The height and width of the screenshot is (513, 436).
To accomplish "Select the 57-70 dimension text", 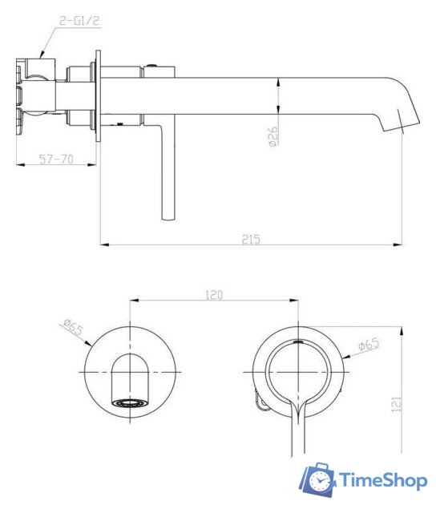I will coord(56,160).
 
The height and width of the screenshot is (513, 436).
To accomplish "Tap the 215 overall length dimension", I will coord(252,239).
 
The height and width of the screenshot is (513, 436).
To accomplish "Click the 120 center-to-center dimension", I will coord(212,295).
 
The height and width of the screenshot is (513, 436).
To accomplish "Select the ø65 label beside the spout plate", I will coord(71,330).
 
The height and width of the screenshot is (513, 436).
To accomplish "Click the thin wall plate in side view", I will coord(99,96).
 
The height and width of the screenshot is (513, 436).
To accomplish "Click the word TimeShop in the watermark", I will coord(383,481).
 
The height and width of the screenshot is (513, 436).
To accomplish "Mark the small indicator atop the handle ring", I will coord(301,341).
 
